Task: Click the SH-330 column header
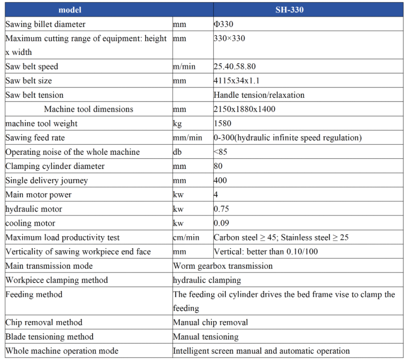289,10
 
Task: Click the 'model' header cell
70,10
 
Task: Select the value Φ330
224,24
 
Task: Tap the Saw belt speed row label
32,67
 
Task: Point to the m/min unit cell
184,67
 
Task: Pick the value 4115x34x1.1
237,81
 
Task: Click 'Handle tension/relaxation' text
259,95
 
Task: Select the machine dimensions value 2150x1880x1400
244,109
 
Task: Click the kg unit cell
177,124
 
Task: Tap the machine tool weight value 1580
222,123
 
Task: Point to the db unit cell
177,152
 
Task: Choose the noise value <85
220,152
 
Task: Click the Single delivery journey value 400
220,180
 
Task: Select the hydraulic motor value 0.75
221,209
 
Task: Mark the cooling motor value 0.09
221,223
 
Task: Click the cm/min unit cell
186,237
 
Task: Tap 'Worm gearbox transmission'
223,266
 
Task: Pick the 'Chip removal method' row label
44,322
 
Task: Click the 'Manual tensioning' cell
206,337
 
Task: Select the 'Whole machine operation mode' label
62,351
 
